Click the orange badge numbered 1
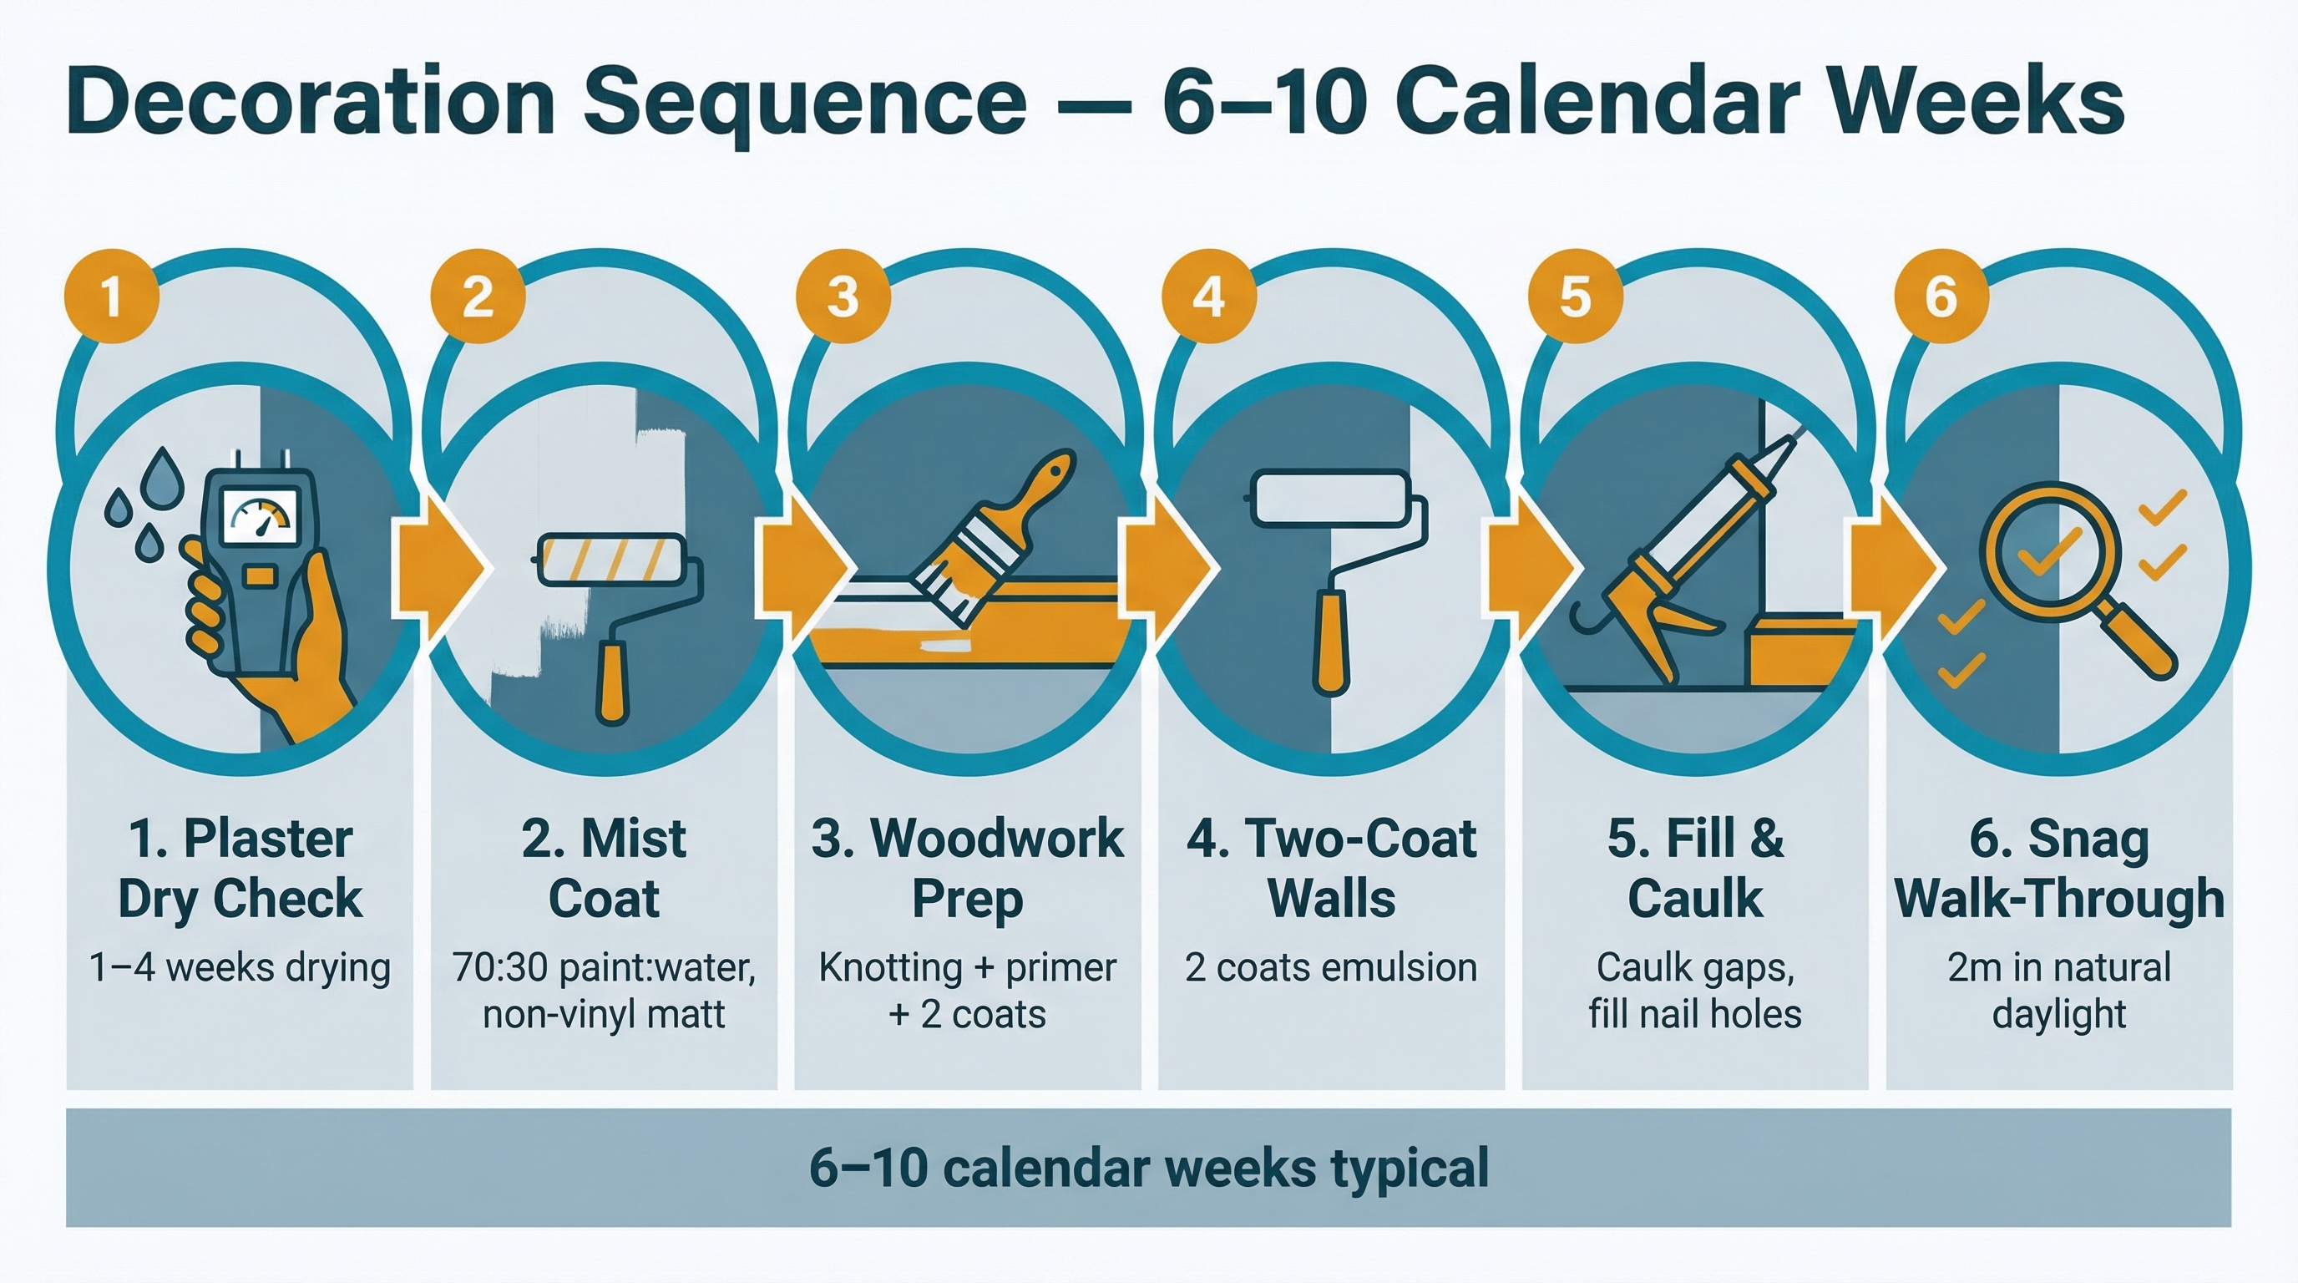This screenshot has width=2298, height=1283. tap(112, 297)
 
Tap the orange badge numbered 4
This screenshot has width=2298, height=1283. tap(1209, 297)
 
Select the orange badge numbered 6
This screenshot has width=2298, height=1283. tap(1941, 297)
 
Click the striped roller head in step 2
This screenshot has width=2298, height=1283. tap(612, 560)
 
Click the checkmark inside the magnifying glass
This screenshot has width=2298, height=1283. tap(2048, 551)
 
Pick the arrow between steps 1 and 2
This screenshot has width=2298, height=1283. tap(442, 567)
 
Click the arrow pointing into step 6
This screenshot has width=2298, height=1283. tap(1896, 567)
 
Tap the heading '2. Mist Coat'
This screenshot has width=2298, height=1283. tap(603, 867)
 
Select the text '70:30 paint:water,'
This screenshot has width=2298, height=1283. tap(603, 967)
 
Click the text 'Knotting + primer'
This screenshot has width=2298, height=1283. tap(967, 967)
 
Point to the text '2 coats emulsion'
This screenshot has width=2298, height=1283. tap(1330, 967)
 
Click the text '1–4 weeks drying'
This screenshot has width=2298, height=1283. tap(240, 967)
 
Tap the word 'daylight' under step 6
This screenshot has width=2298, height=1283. tap(2059, 1014)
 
